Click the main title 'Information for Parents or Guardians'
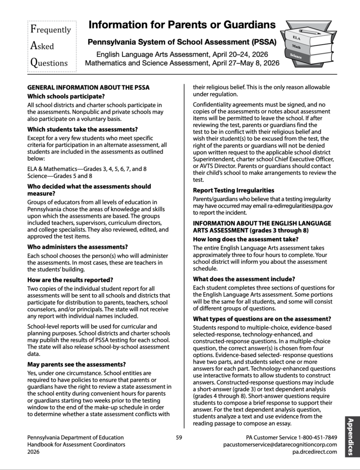pyautogui.click(x=182, y=25)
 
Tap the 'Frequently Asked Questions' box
pyautogui.click(x=50, y=46)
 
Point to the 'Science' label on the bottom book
pyautogui.click(x=296, y=57)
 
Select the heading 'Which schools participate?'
pyautogui.click(x=66, y=96)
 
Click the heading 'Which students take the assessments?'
pyautogui.click(x=83, y=129)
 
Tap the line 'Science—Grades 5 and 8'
pyautogui.click(x=60, y=175)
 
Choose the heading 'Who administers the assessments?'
pyautogui.click(x=78, y=246)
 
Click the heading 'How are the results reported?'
pyautogui.click(x=70, y=280)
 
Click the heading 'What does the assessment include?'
pyautogui.click(x=244, y=279)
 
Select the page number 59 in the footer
pyautogui.click(x=179, y=437)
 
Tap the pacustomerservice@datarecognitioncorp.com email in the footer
pyautogui.click(x=280, y=445)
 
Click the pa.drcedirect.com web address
pyautogui.click(x=314, y=452)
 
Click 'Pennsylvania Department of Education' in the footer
pyautogui.click(x=75, y=437)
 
